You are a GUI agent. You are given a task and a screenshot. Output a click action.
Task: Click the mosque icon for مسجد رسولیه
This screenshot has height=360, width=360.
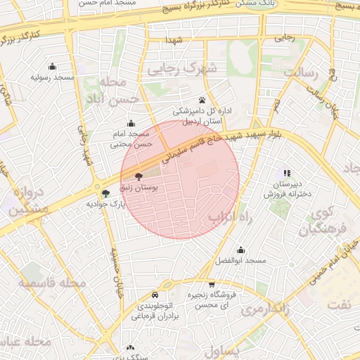tap(52, 65)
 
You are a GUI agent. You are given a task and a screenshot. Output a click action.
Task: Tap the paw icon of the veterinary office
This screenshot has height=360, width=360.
tap(202, 99)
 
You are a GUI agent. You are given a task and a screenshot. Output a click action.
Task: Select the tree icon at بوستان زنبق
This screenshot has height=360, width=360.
tap(137, 176)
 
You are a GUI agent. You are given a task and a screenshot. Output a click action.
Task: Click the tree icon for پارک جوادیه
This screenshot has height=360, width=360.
tap(105, 193)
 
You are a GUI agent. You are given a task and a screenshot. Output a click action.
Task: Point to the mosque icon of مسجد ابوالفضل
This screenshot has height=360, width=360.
tap(241, 250)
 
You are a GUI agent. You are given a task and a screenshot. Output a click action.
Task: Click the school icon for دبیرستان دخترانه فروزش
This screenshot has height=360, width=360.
tap(287, 173)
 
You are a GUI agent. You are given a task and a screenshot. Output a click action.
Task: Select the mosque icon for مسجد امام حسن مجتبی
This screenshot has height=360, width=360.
tap(131, 123)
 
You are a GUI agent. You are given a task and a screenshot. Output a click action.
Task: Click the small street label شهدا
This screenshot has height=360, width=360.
tap(174, 41)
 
